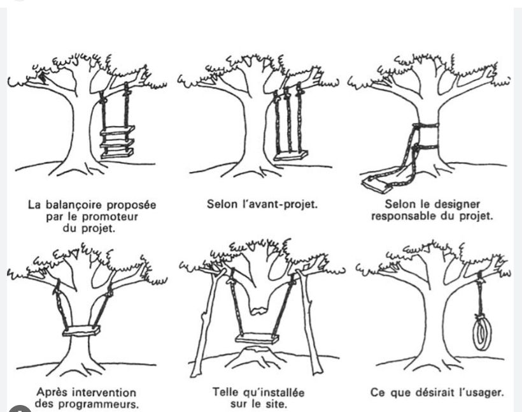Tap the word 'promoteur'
point(110,217)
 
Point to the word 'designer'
point(458,204)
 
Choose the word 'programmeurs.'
point(105,404)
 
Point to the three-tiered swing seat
point(118,142)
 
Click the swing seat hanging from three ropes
point(290,156)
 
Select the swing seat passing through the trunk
point(81,331)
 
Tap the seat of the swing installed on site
point(257,339)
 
